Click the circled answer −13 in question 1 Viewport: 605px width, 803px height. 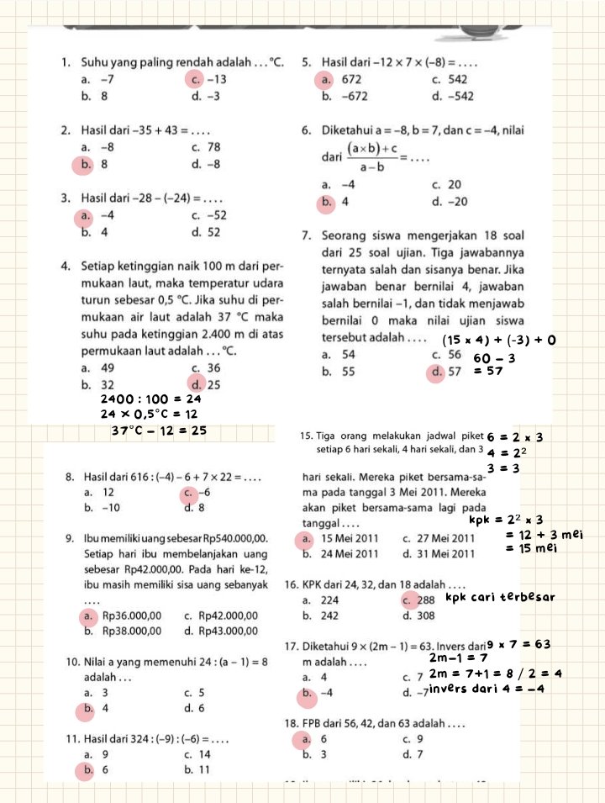point(216,80)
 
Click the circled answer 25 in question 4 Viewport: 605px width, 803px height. point(213,384)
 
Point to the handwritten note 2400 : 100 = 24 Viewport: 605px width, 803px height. point(150,399)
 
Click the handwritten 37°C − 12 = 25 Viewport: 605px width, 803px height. point(160,431)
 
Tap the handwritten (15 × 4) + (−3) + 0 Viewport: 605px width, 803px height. point(500,341)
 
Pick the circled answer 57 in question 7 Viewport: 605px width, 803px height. point(454,372)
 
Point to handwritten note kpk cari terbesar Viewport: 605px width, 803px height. point(501,598)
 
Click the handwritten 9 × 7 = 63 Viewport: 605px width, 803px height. point(518,645)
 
